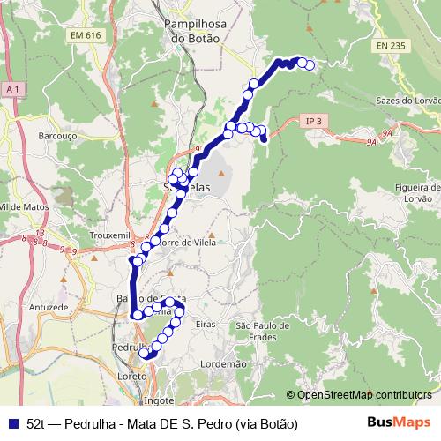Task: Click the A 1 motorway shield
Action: click(x=12, y=90)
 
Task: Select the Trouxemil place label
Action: click(x=110, y=235)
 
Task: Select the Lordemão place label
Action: click(x=224, y=363)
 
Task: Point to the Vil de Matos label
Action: click(x=22, y=206)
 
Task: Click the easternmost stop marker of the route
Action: click(x=310, y=64)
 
